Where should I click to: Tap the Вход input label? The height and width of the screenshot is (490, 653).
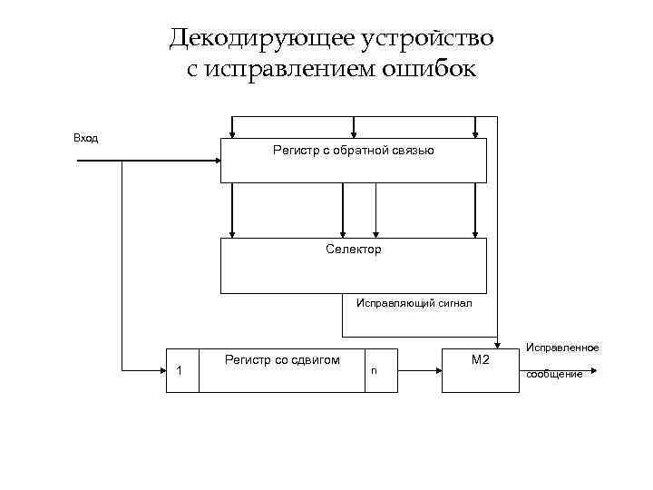click(x=85, y=138)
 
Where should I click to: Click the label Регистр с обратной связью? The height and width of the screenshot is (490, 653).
click(x=353, y=150)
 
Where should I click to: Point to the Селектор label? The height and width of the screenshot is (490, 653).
click(x=354, y=249)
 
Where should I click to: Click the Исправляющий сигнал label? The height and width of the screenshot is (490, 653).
click(x=414, y=305)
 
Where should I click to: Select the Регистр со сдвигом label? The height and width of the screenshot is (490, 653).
click(x=282, y=360)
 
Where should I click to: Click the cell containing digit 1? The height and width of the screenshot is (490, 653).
click(x=181, y=370)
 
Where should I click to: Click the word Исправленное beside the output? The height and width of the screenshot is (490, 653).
click(x=562, y=348)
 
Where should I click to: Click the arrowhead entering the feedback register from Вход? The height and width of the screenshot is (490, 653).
click(x=217, y=161)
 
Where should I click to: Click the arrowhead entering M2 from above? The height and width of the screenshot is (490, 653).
click(x=497, y=343)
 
